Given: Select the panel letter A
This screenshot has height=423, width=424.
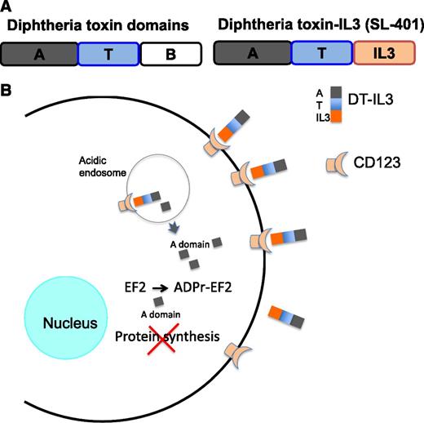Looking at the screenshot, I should [x=8, y=9].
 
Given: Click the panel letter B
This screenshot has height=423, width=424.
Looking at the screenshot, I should [x=8, y=85].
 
